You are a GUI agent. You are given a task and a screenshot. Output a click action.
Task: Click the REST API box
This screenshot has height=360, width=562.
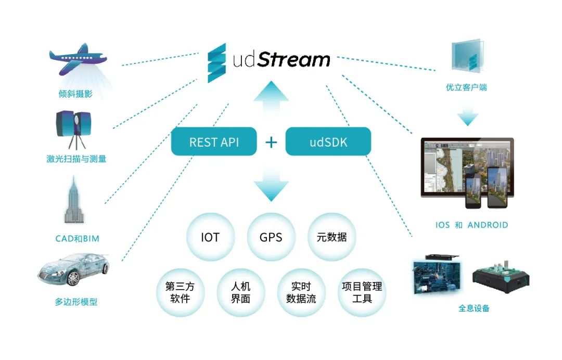pos(214,142)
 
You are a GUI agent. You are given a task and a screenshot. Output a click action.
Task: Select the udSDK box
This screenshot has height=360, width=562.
pos(328,142)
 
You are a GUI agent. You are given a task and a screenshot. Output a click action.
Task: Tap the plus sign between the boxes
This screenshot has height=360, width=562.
pos(271,142)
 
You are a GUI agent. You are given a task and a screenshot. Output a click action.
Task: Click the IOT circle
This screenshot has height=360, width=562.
pos(210,237)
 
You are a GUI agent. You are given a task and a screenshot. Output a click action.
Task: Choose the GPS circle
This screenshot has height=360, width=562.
pos(271,237)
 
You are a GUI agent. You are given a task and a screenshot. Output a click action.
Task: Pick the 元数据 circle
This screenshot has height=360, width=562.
pos(332,237)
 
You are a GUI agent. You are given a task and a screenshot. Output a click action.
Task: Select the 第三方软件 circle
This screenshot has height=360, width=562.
pos(180,292)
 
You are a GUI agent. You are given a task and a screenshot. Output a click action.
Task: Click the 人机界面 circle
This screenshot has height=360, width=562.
pos(241,292)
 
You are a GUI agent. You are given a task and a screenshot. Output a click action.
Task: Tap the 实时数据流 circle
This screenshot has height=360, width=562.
pos(301,292)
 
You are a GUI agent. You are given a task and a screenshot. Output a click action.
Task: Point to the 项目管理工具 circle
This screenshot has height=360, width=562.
pos(362,292)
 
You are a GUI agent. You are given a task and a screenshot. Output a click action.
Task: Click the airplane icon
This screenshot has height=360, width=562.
pos(78,59)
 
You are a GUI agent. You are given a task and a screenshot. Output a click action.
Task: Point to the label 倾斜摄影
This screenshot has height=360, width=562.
pos(75,94)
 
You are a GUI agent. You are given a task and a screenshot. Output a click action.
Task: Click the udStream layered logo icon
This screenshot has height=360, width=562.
pos(217,63)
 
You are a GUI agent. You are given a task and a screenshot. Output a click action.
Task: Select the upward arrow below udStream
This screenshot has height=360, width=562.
pos(271,97)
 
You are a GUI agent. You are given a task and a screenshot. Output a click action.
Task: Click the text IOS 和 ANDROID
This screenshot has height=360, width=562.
pos(471,225)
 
